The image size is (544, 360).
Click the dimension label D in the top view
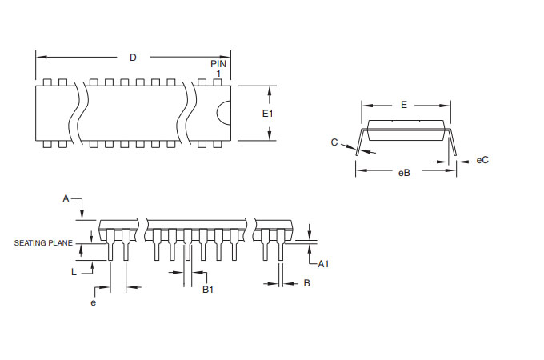133,57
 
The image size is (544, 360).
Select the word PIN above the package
218,63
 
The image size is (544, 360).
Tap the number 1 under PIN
218,74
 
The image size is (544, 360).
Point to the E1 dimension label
268,114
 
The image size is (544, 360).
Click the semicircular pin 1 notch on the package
225,113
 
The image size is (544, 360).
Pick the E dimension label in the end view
404,105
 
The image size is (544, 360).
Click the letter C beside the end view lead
334,142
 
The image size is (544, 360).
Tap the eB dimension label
404,173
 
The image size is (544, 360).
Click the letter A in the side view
66,198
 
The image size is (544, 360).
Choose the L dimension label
74,273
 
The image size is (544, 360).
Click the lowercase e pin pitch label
94,303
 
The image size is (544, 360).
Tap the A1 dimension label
324,264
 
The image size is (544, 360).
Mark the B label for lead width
306,283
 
